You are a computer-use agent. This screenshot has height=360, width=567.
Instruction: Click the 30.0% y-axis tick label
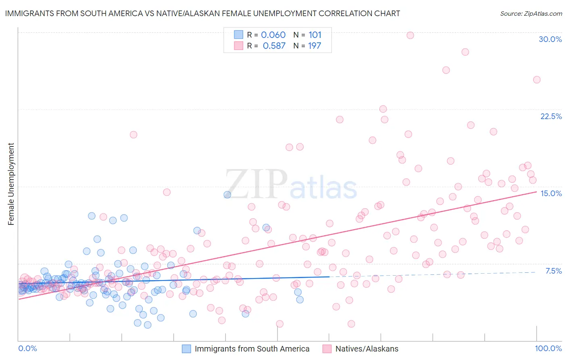[x=550, y=39]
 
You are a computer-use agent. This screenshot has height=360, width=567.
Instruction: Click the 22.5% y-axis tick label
[x=551, y=116]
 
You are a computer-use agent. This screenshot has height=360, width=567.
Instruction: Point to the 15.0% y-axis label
[x=551, y=193]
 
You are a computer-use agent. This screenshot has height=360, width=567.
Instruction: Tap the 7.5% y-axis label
[x=553, y=271]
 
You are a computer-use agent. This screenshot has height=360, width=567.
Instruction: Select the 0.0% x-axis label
[x=27, y=348]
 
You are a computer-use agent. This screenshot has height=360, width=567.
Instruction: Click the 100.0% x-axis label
[x=548, y=348]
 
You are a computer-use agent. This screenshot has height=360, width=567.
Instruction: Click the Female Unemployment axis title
[x=11, y=184]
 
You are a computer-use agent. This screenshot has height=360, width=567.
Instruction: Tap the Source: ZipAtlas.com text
[x=531, y=13]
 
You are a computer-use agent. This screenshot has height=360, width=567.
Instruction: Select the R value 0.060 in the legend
[x=273, y=35]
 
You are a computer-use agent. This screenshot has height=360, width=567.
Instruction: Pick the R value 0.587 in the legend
[x=274, y=46]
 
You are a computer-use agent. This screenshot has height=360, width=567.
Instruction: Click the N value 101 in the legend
[x=315, y=35]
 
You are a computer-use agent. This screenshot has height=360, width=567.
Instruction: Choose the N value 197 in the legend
[x=315, y=46]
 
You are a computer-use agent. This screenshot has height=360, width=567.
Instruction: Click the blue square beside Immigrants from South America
[x=186, y=349]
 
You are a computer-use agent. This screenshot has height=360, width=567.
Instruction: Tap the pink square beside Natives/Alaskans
[x=327, y=349]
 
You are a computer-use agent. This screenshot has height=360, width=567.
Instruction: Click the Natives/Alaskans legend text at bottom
[x=367, y=349]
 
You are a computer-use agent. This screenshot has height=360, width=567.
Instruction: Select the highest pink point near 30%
[x=410, y=35]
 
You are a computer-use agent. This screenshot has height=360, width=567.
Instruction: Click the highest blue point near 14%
[x=227, y=195]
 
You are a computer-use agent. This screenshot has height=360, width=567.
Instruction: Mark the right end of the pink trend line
[x=536, y=192]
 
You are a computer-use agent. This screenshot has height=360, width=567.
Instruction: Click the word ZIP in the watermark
[x=256, y=184]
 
